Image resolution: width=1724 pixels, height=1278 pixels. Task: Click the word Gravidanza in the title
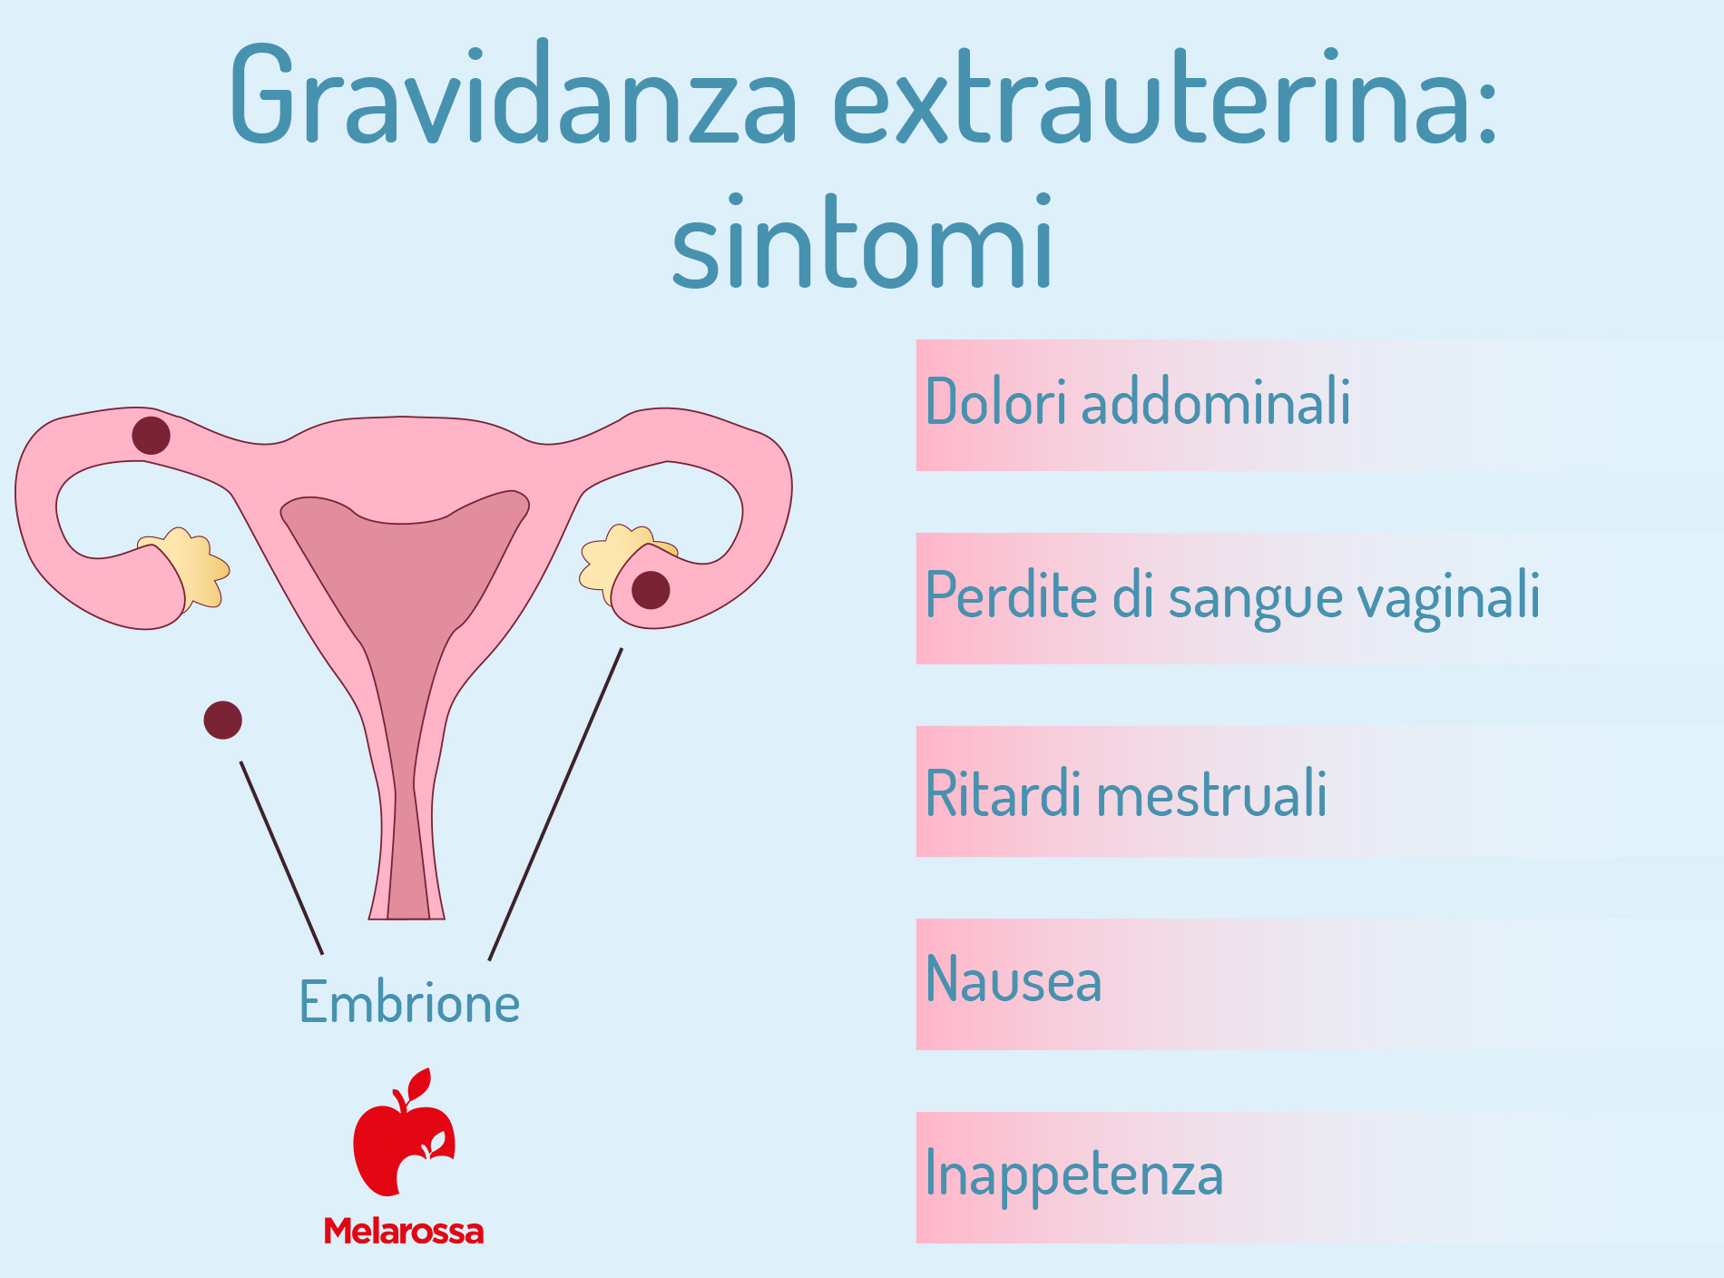pos(514,93)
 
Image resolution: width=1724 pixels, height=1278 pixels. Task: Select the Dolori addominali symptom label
pos(1138,401)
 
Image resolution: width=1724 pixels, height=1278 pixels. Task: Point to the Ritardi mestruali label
pos(1126,792)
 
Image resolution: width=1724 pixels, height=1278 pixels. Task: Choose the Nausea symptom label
pos(1014,980)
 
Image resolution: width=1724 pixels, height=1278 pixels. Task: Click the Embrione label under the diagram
pos(409,1002)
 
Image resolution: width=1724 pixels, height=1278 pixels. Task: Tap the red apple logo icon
pos(405,1132)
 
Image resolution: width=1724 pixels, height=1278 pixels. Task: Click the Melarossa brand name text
pos(404,1231)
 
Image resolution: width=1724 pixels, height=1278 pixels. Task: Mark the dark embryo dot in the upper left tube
pos(151,436)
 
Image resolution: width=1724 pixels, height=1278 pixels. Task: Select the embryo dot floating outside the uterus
pos(222,720)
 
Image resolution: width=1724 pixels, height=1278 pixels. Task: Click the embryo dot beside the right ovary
pos(651,591)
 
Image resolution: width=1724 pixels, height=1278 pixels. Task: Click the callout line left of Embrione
pos(281,858)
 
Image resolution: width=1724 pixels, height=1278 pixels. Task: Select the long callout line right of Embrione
pos(555,803)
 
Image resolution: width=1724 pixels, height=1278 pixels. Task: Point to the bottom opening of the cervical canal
pos(408,918)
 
